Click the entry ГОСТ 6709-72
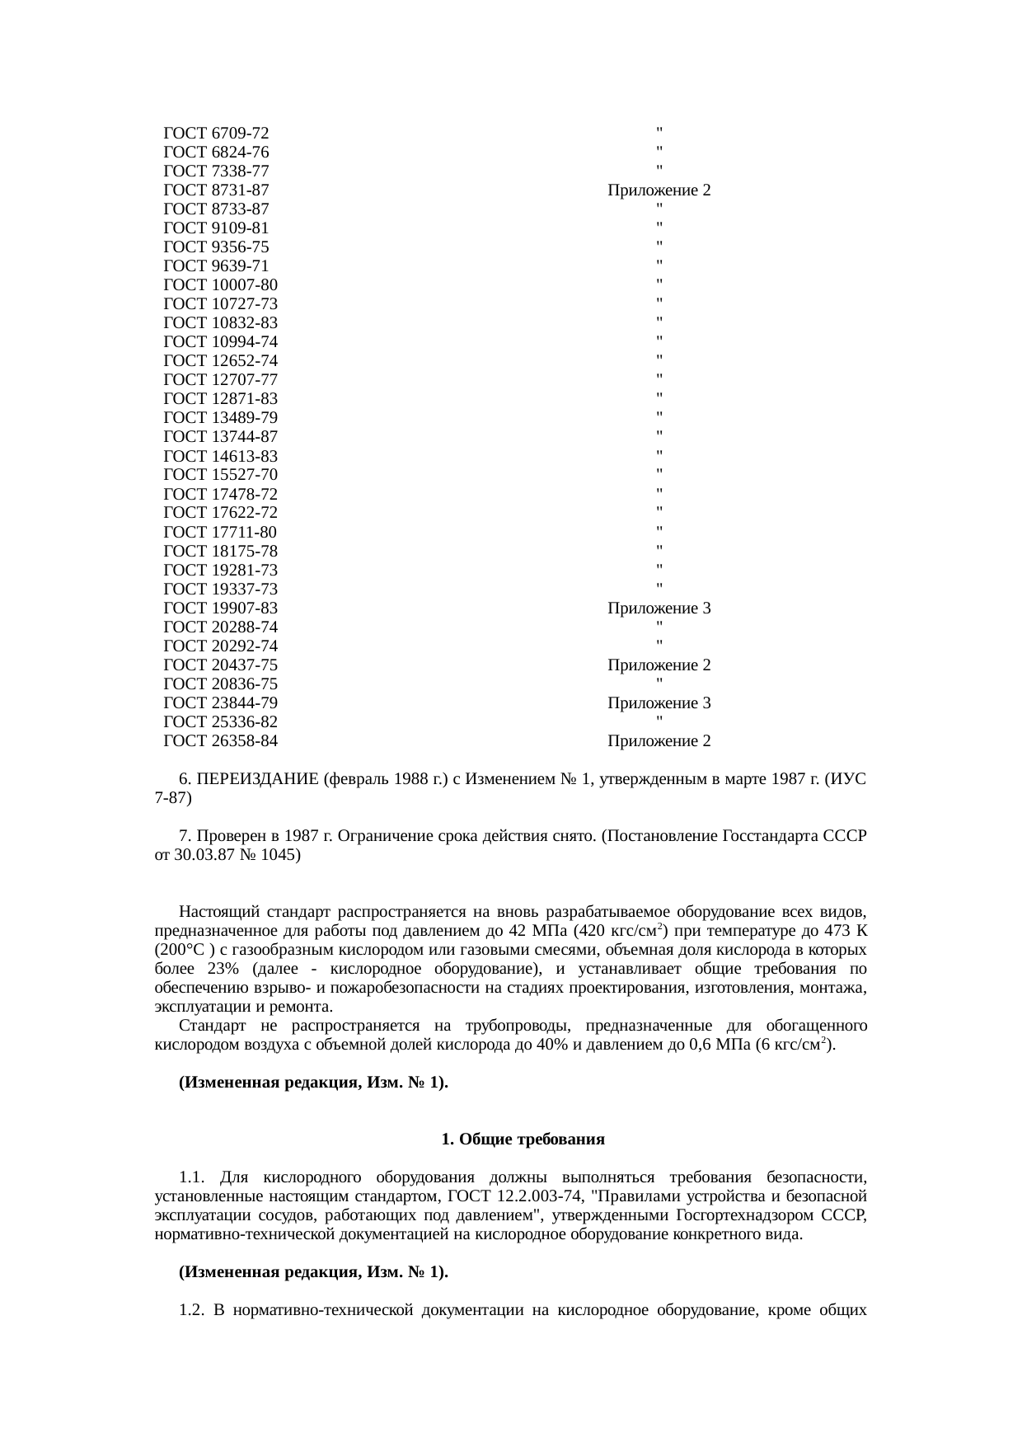click(217, 134)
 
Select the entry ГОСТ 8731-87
click(217, 190)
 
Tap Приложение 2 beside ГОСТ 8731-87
click(659, 190)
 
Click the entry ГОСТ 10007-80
click(221, 285)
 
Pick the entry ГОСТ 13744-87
click(221, 436)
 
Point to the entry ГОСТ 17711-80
click(221, 532)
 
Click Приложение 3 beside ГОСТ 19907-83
click(659, 608)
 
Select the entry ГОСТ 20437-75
click(221, 665)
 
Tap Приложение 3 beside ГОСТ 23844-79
click(659, 703)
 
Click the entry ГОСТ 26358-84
click(221, 741)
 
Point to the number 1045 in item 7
click(279, 855)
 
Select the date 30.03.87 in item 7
click(203, 855)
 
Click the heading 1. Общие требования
click(523, 1139)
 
